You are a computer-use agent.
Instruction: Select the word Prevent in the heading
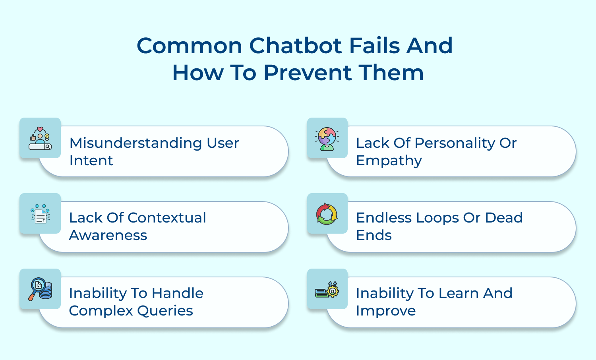tap(308, 73)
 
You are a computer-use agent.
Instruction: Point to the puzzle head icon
tap(327, 139)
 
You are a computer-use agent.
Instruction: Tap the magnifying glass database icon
tap(40, 289)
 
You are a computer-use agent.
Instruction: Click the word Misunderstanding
tap(135, 143)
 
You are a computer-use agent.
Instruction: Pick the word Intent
tap(91, 161)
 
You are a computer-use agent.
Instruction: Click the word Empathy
tap(389, 161)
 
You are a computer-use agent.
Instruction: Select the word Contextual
tap(167, 218)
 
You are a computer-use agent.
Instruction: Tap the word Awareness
tap(108, 235)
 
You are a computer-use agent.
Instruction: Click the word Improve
tap(385, 311)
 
